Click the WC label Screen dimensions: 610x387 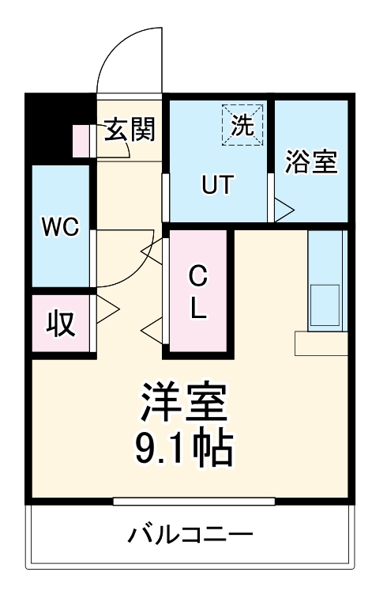[60, 228]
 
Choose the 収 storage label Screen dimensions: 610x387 [60, 322]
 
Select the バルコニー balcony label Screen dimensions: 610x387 [190, 536]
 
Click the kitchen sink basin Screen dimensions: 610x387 [325, 306]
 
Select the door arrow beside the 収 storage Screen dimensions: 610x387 [107, 308]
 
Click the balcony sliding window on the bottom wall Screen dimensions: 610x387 [193, 501]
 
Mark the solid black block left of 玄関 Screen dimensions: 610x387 [47, 127]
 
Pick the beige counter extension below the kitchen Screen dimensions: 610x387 [321, 343]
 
